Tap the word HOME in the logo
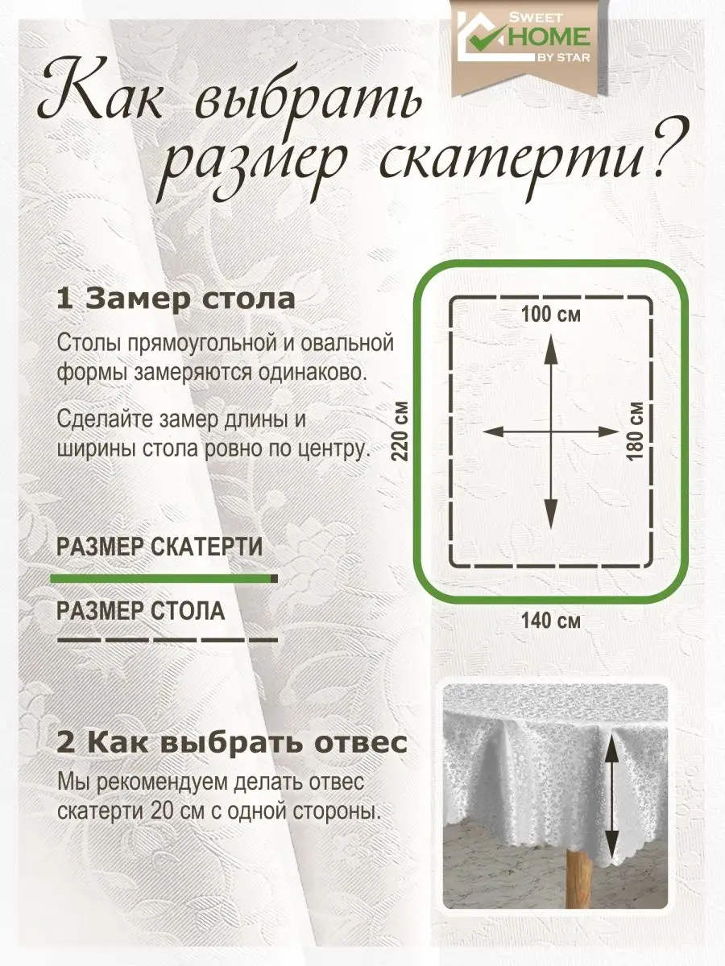click(549, 36)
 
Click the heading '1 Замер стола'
click(176, 299)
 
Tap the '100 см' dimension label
click(551, 315)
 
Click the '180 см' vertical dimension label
click(636, 431)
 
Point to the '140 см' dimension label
click(551, 621)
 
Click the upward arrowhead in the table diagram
click(551, 348)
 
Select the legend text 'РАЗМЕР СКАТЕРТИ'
click(159, 547)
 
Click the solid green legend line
click(164, 578)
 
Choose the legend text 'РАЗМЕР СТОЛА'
click(141, 611)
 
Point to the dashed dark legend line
click(168, 640)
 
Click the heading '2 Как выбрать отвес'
click(232, 743)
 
